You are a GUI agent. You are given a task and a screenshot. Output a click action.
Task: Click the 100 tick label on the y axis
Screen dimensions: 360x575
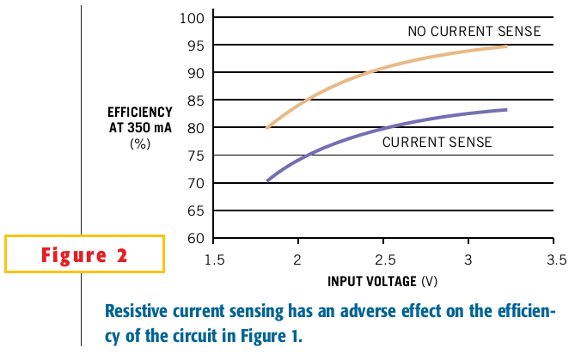click(190, 17)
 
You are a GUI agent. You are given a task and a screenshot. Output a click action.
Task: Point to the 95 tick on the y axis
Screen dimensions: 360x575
click(193, 45)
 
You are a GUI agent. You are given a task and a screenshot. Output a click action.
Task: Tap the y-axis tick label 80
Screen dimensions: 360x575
click(193, 128)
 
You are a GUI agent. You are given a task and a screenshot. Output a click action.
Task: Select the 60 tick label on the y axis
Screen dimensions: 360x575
click(193, 238)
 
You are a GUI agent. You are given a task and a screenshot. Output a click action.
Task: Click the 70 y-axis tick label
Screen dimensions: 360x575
click(193, 183)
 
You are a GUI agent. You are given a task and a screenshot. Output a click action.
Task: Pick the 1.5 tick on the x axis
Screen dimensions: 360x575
click(214, 259)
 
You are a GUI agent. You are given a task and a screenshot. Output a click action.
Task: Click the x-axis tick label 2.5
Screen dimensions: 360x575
click(383, 259)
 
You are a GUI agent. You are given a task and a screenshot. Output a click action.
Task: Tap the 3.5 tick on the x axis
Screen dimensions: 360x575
click(554, 259)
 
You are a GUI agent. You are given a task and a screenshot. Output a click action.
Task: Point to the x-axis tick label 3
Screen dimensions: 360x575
click(468, 259)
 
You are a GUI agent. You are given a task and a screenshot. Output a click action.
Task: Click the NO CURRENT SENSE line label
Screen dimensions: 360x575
click(474, 32)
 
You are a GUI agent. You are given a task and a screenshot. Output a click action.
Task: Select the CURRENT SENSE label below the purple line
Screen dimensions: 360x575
click(437, 143)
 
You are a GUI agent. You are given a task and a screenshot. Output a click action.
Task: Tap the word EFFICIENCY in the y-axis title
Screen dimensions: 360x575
click(140, 113)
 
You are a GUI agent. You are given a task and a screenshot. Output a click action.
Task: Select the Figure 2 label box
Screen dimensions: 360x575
click(83, 254)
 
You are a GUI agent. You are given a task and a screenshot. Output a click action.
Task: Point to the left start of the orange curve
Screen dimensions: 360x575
click(267, 128)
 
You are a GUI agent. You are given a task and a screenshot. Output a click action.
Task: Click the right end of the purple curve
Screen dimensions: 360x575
click(507, 109)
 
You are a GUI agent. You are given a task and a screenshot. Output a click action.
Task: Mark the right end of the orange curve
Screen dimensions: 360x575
click(507, 46)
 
